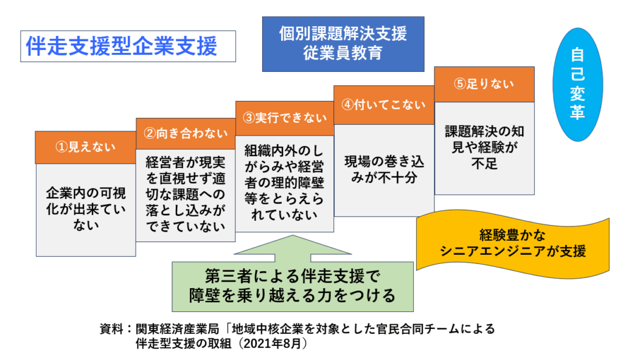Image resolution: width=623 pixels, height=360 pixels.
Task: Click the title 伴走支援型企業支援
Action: click(x=122, y=46)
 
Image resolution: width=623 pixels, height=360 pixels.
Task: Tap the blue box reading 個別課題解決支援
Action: click(x=343, y=44)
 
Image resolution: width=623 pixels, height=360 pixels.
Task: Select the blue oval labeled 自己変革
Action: click(x=577, y=85)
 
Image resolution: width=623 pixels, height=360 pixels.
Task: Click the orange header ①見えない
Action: click(x=86, y=147)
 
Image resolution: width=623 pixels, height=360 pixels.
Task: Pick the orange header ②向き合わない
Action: click(x=186, y=134)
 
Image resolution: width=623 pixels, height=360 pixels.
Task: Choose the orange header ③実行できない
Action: click(x=285, y=118)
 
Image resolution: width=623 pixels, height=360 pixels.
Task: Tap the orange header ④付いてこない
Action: click(x=384, y=105)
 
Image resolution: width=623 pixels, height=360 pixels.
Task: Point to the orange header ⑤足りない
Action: click(x=484, y=85)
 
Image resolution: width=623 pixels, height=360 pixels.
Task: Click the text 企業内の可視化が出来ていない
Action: click(x=86, y=209)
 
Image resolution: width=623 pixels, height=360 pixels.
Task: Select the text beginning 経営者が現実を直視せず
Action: click(x=186, y=194)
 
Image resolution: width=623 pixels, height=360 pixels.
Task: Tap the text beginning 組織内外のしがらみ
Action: click(x=285, y=182)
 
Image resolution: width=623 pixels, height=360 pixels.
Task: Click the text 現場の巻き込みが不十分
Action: click(x=384, y=170)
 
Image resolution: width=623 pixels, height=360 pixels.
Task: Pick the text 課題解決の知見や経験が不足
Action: click(x=484, y=147)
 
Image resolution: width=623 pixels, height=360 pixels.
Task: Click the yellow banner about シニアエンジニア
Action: click(x=512, y=243)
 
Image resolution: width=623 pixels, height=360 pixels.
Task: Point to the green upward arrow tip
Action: click(x=293, y=235)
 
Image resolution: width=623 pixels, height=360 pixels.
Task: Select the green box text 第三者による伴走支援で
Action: click(x=293, y=275)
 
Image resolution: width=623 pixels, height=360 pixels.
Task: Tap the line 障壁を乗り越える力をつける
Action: click(x=293, y=296)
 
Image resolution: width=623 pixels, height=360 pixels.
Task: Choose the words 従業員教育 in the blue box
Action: click(x=343, y=54)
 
